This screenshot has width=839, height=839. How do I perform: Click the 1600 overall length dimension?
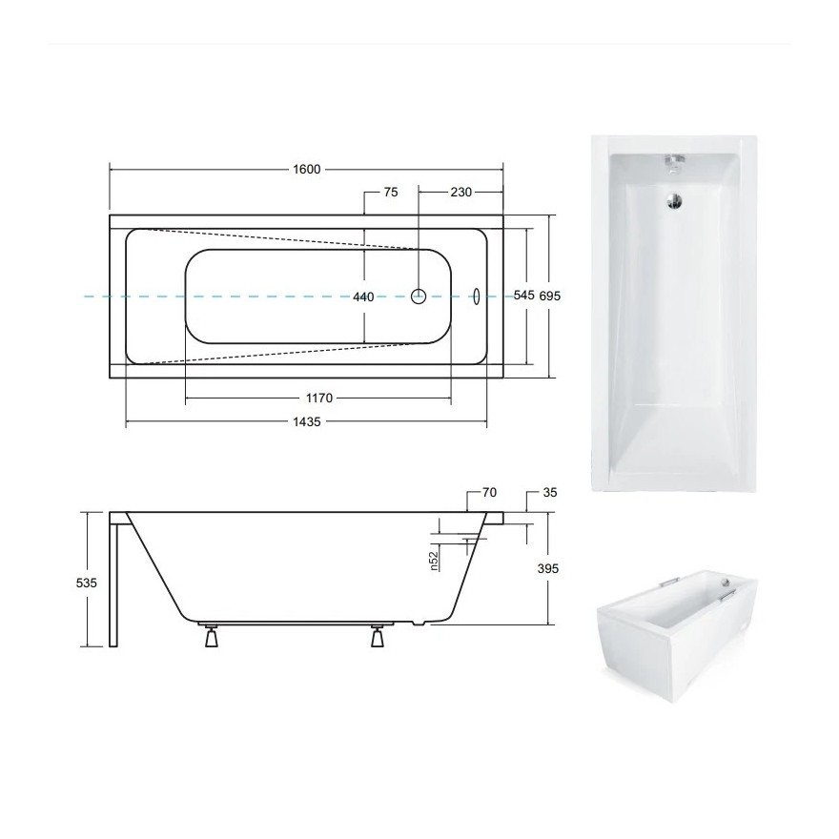point(306,170)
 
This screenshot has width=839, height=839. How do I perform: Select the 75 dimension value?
point(390,192)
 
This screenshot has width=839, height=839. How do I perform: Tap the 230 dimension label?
point(461,192)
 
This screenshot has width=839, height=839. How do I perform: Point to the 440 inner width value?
point(363,297)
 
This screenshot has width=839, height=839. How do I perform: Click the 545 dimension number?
point(523,296)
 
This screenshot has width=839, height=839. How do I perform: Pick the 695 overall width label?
point(549,296)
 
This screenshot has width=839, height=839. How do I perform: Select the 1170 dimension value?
point(317,398)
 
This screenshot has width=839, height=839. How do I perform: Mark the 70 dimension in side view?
point(489,493)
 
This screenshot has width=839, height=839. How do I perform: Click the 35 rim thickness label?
point(549,493)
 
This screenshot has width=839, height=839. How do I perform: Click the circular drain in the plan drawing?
point(419,296)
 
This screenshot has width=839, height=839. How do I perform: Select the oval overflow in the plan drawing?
point(478,296)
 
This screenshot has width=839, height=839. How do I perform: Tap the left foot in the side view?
point(210,637)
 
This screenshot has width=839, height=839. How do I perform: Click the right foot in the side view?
point(377,637)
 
